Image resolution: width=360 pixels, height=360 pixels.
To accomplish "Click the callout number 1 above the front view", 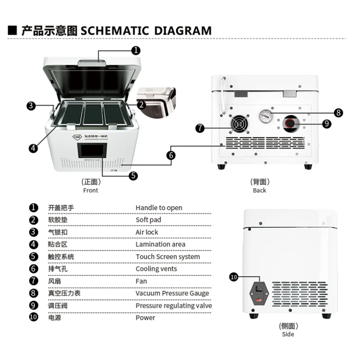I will tap(136, 50).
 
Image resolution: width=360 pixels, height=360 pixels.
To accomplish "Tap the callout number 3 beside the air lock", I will tap(31, 106).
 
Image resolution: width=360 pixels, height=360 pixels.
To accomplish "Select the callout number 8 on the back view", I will tap(338, 112).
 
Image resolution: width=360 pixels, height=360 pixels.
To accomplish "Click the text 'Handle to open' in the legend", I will tap(159, 207).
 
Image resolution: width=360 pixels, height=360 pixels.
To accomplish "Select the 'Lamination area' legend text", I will tap(160, 244).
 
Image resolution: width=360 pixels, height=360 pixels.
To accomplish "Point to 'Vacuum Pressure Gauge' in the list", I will tap(172, 293).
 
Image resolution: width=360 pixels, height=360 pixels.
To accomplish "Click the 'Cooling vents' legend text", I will tap(156, 269).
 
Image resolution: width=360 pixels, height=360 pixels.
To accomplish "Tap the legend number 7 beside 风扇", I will tap(33, 281).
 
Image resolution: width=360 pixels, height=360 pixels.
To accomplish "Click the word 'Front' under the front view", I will tap(90, 190).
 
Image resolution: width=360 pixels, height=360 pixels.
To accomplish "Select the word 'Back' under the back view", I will tap(259, 190).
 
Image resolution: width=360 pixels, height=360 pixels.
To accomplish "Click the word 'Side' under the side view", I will tap(288, 334).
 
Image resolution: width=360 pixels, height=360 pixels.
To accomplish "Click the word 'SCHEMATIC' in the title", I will tap(115, 31).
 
